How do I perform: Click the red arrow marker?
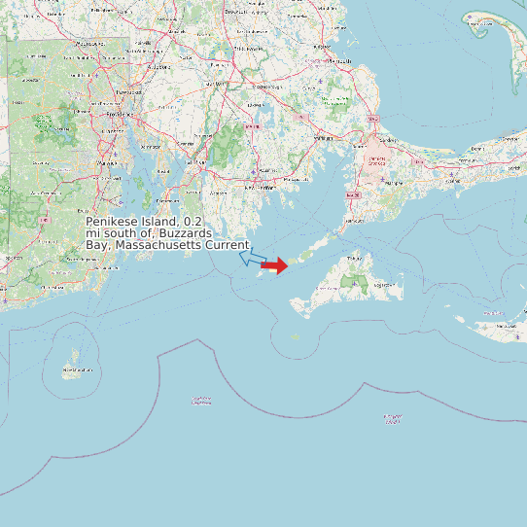[275, 265]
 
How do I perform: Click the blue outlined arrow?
[253, 259]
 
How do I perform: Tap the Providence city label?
[119, 113]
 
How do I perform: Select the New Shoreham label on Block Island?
[77, 370]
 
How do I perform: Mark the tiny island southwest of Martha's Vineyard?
[297, 337]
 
